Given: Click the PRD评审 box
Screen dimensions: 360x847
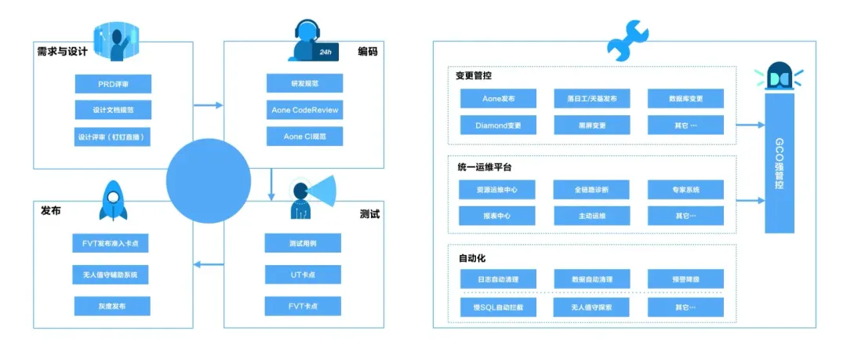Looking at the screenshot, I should click(113, 84).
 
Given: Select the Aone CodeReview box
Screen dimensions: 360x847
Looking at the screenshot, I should click(304, 110).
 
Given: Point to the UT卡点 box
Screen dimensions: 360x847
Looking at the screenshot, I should click(303, 274).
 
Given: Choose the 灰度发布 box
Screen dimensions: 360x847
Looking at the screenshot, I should click(113, 306).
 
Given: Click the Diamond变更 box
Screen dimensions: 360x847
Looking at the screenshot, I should click(497, 125).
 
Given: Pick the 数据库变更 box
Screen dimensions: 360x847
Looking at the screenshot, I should click(685, 99).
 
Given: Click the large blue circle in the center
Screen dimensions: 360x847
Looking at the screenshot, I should click(207, 181).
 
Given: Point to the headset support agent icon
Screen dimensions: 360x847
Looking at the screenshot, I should click(308, 42).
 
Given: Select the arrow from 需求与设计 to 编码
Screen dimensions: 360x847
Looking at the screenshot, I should click(208, 104).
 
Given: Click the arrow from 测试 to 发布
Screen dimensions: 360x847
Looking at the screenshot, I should click(208, 264).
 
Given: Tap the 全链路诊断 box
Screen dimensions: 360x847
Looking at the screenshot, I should click(591, 190).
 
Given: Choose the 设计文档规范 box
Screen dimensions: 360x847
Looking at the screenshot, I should click(113, 110).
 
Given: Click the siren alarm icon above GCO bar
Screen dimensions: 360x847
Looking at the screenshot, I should click(779, 77).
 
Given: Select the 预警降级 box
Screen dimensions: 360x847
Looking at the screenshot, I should click(685, 279).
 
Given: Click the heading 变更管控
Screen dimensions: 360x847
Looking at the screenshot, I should click(474, 76).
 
